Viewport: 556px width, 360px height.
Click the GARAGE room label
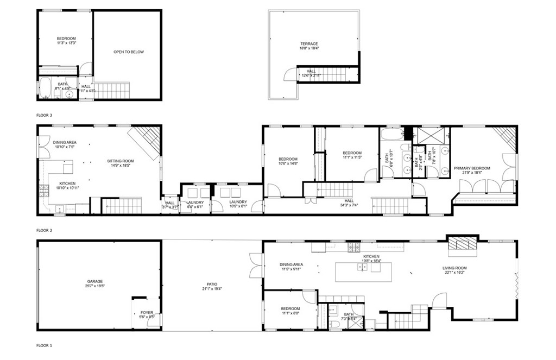click(94, 281)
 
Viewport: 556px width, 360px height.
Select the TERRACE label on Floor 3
click(309, 44)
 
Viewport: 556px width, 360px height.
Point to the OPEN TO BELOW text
click(129, 52)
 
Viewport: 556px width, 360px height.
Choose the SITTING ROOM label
click(120, 161)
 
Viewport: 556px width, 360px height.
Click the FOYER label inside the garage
click(147, 312)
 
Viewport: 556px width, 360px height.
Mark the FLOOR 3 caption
click(44, 115)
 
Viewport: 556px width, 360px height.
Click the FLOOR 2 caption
click(44, 230)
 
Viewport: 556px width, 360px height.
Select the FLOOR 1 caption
click(44, 345)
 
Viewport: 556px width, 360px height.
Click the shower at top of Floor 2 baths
click(429, 135)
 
